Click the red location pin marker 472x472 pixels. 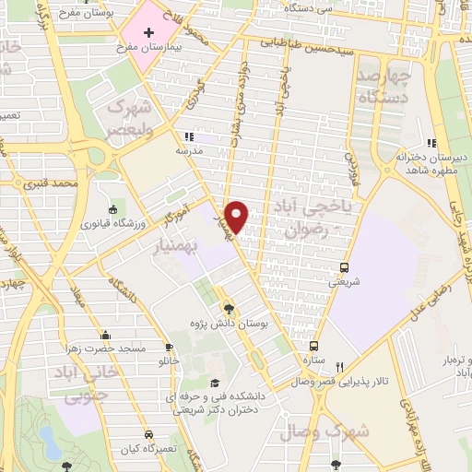coord(238,216)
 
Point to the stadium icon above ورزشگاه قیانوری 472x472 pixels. coord(112,209)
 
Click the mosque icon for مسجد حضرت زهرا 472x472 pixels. coord(107,335)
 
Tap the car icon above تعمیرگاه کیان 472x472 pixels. coord(148,434)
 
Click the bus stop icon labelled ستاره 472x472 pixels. coord(313,346)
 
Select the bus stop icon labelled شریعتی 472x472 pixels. coord(345,260)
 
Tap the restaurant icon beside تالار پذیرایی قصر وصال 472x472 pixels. coord(340,367)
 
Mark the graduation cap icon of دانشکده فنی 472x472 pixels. coord(215,383)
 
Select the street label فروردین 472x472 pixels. coord(351,166)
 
